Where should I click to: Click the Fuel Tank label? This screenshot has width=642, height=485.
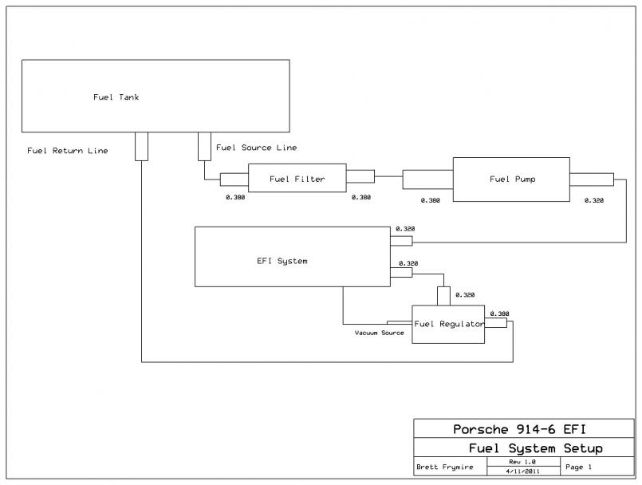click(x=116, y=97)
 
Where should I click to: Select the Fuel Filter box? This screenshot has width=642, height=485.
click(x=297, y=179)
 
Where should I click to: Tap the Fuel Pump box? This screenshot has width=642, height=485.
click(x=511, y=179)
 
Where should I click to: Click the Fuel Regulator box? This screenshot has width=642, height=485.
click(x=448, y=324)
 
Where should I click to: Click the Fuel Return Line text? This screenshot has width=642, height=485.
click(x=68, y=150)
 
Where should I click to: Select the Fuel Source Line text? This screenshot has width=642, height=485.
click(x=257, y=148)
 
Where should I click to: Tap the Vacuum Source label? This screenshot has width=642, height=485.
click(x=379, y=332)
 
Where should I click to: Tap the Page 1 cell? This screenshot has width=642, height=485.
click(x=580, y=467)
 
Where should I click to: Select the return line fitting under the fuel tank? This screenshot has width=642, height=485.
click(x=141, y=146)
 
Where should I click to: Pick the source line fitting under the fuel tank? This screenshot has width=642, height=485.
click(x=203, y=144)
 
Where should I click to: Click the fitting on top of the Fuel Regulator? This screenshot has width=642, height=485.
click(x=443, y=296)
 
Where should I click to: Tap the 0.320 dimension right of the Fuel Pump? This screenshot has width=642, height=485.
click(x=594, y=200)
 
